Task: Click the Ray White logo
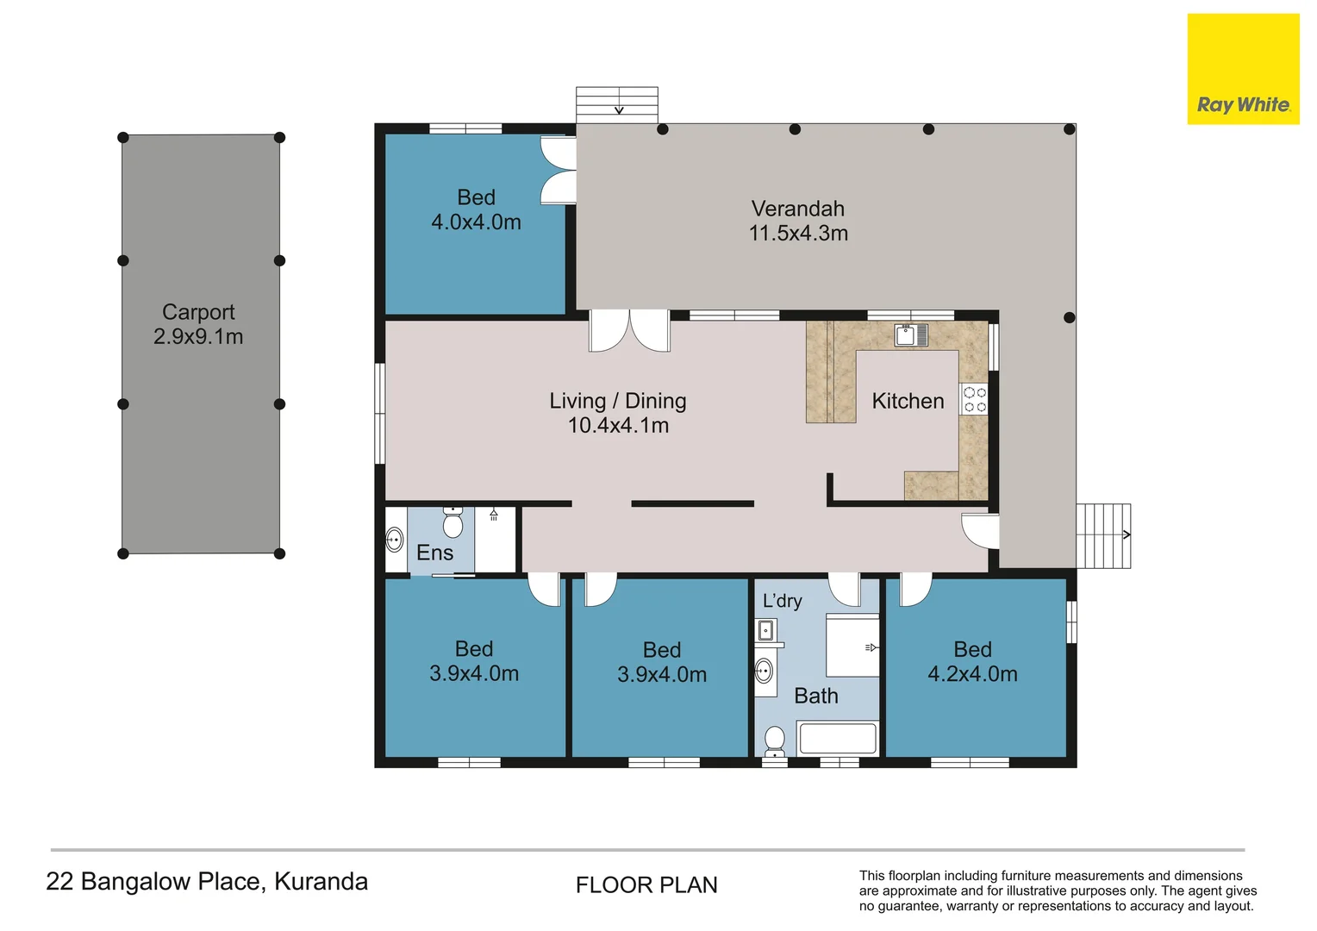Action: click(x=1243, y=69)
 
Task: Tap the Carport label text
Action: click(x=198, y=312)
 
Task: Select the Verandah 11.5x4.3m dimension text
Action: click(x=798, y=233)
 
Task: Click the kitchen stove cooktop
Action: click(x=974, y=400)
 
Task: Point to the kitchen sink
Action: click(x=910, y=334)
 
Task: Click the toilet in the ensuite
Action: click(x=453, y=522)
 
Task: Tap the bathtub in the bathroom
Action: click(x=838, y=739)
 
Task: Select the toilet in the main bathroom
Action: click(x=775, y=740)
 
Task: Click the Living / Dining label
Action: click(x=618, y=401)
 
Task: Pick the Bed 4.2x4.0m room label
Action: click(x=972, y=662)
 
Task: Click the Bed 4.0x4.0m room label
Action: click(x=476, y=209)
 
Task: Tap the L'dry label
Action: click(x=782, y=601)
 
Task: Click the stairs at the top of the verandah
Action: click(x=617, y=103)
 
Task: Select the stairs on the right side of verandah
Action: click(x=1103, y=535)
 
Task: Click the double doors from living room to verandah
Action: click(x=629, y=331)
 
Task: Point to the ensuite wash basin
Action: click(x=394, y=540)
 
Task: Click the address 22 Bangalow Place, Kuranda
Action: click(x=207, y=881)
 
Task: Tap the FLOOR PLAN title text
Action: click(x=646, y=885)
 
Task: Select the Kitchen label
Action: click(x=908, y=401)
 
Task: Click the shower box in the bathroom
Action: click(x=852, y=646)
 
